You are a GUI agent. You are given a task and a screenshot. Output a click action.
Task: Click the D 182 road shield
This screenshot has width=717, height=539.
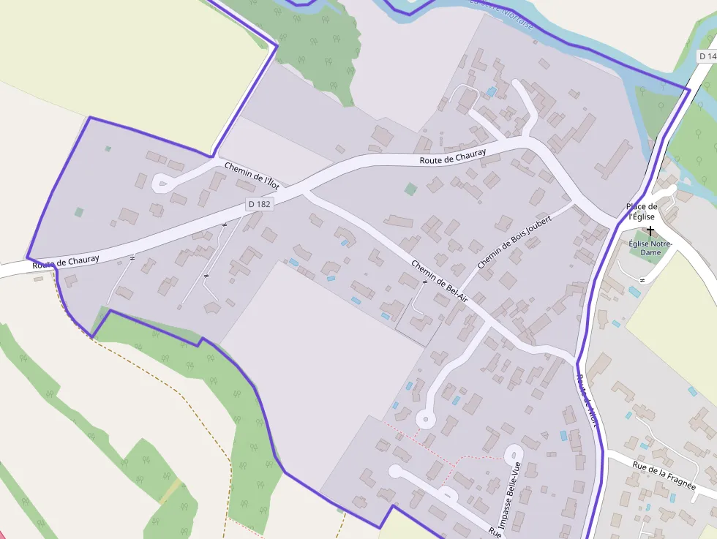[x=259, y=205]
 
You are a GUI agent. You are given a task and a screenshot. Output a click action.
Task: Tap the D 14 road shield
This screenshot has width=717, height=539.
[x=706, y=56]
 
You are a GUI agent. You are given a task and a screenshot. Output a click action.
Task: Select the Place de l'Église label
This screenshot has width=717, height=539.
[x=642, y=211]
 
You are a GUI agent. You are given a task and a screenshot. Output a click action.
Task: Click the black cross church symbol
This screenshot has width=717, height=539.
[x=650, y=230]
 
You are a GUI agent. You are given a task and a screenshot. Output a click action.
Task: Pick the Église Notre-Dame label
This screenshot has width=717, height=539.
[x=650, y=248]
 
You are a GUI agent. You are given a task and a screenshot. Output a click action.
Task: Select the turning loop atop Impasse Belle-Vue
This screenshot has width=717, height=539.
[x=514, y=453]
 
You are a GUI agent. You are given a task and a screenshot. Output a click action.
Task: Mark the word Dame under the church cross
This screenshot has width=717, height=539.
[x=650, y=253]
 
